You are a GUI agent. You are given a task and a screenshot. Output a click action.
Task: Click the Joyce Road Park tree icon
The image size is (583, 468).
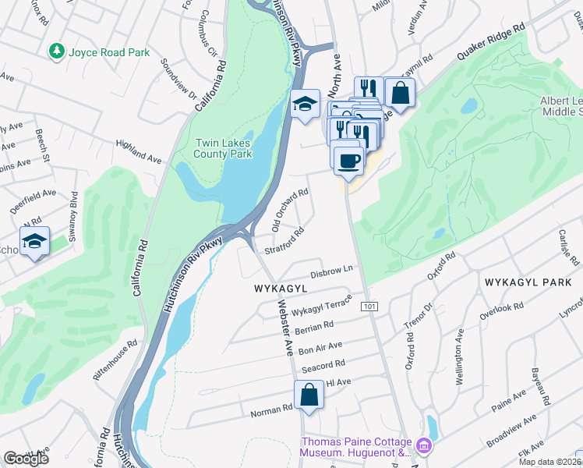tap(56, 52)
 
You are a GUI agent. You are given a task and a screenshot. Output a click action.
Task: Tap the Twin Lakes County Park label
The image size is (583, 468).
tap(224, 148)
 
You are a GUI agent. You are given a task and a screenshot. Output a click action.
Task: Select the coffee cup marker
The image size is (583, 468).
tap(348, 160)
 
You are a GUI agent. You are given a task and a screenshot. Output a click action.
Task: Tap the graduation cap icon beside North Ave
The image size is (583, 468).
tap(304, 104)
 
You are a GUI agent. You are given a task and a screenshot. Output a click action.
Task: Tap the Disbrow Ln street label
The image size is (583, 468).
tap(332, 271)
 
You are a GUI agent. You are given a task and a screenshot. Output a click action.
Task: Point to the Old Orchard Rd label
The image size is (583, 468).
tap(290, 209)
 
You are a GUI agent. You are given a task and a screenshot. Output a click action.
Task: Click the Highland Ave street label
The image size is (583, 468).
tap(138, 151)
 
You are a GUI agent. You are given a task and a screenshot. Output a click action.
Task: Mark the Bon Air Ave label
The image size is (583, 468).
tap(320, 346)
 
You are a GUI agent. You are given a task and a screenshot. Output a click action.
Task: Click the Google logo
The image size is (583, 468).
tap(26, 459)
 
